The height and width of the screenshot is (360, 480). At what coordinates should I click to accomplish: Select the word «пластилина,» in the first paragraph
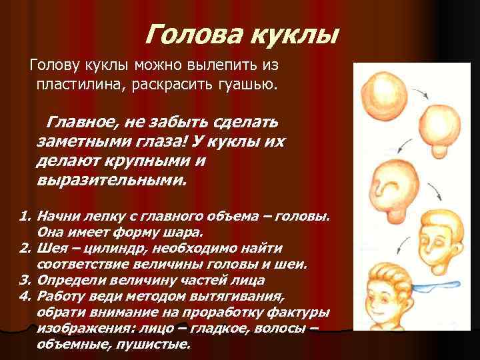click(x=89, y=85)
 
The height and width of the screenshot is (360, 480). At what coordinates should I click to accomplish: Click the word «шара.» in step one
click(x=183, y=233)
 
